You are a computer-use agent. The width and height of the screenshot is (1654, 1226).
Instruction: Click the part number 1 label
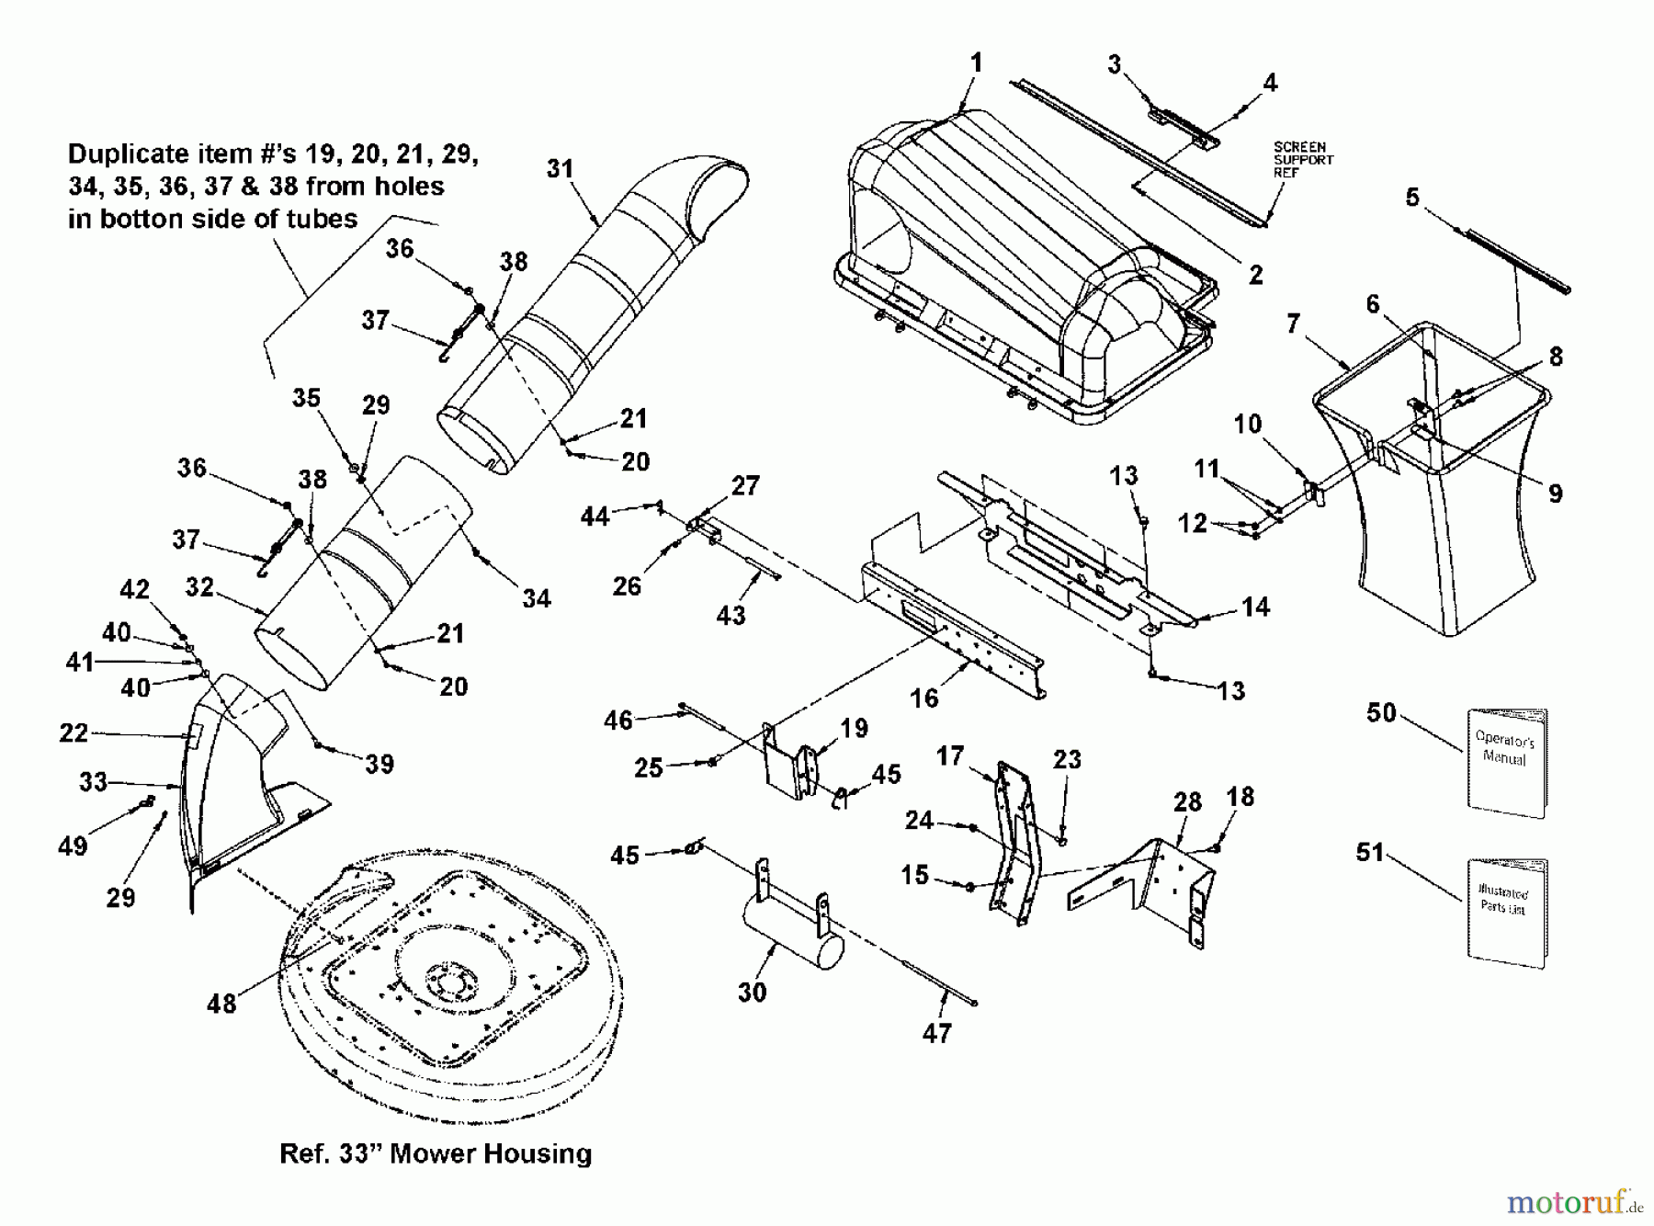pos(976,62)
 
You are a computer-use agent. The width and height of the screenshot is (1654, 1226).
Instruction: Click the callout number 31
pos(560,169)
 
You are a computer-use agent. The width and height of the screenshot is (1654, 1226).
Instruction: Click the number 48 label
pos(221,1004)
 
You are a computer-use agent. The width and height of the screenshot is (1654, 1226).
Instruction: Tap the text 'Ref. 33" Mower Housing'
pos(436,1153)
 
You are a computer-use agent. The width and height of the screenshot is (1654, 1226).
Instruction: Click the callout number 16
pos(924,698)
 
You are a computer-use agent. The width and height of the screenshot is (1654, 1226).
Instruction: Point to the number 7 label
pos(1293,324)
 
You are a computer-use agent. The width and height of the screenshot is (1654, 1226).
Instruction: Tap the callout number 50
pos(1381,713)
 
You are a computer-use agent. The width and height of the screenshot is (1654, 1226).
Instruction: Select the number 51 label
pos(1370,853)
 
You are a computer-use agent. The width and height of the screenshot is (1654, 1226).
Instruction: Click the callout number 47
pos(936,1034)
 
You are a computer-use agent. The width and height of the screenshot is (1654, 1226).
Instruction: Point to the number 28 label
pos(1187,802)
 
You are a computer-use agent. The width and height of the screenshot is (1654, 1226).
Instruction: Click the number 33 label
pos(93,782)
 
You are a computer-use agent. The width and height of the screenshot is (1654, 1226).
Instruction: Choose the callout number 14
pos(1255,607)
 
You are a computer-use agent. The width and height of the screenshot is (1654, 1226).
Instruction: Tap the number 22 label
pos(74,733)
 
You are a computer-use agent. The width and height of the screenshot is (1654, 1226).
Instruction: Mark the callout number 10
pos(1247,424)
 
